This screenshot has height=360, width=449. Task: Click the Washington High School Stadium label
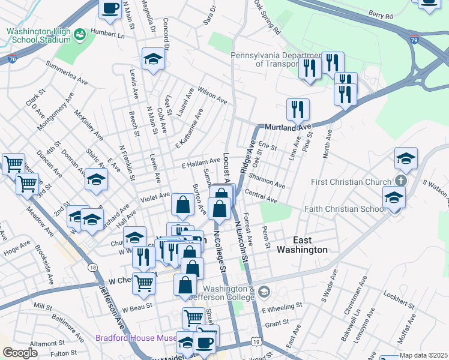point(38,35)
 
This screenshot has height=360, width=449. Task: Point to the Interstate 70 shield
point(13,59)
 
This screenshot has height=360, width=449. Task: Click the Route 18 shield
point(92,268)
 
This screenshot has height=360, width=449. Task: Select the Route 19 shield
point(257,341)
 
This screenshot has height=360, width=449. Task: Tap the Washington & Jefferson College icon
point(265,292)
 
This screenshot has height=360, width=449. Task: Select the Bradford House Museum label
point(135,338)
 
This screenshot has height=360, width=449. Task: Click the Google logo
point(20,353)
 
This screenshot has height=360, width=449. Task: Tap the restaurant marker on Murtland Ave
point(298,109)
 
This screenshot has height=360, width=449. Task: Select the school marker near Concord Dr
point(153,59)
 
